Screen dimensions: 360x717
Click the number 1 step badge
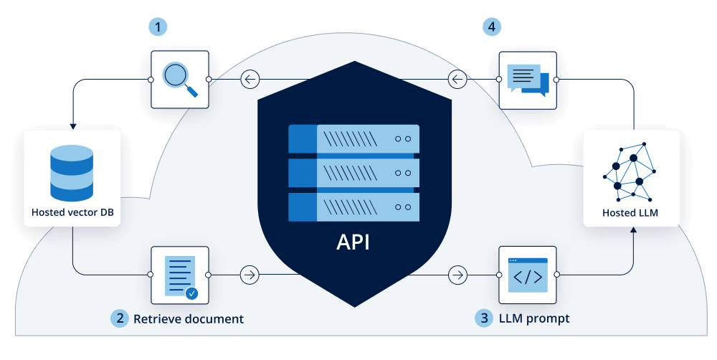click(x=158, y=27)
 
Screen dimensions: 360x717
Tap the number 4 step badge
click(x=491, y=27)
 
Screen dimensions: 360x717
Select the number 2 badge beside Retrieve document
click(x=120, y=318)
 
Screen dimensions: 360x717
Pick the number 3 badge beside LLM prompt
click(x=484, y=318)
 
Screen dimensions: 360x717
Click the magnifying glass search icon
click(x=179, y=79)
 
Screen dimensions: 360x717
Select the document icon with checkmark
click(x=179, y=275)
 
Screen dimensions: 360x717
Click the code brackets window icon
click(x=527, y=275)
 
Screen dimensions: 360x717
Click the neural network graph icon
click(x=631, y=171)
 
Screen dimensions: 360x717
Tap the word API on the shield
click(x=353, y=242)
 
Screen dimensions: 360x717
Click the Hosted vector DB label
click(x=72, y=213)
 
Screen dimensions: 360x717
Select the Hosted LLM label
click(x=630, y=213)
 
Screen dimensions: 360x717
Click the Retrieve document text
click(x=189, y=318)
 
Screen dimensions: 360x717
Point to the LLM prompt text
click(x=533, y=318)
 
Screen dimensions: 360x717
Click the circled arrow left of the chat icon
click(x=457, y=79)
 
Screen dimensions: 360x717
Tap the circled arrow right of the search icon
click(x=250, y=79)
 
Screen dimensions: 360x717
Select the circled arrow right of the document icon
click(x=250, y=275)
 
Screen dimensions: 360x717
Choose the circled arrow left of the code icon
click(x=457, y=275)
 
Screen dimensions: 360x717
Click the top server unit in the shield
click(x=353, y=138)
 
